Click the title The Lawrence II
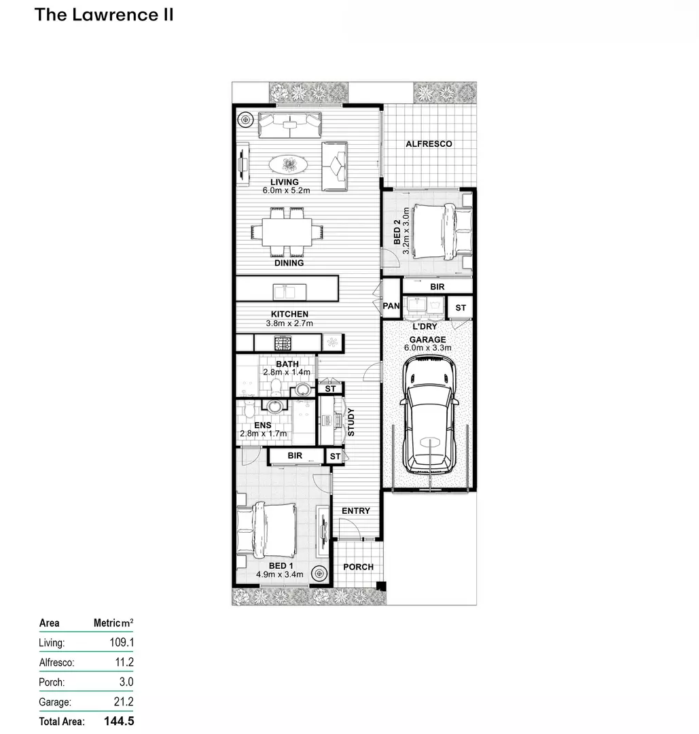point(104,14)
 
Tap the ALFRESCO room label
point(429,143)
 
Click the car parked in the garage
point(429,415)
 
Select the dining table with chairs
point(287,232)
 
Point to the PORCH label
point(359,567)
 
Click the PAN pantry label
point(391,306)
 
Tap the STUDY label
point(351,422)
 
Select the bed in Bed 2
point(444,231)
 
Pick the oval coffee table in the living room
point(288,164)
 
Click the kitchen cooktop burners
point(283,343)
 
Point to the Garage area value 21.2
point(124,701)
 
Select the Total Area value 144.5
point(119,721)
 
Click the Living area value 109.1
point(122,642)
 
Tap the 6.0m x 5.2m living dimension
point(287,190)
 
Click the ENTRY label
point(355,510)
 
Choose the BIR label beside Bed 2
point(437,287)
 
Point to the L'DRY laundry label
point(425,326)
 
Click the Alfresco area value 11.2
point(124,662)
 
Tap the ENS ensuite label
point(262,425)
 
